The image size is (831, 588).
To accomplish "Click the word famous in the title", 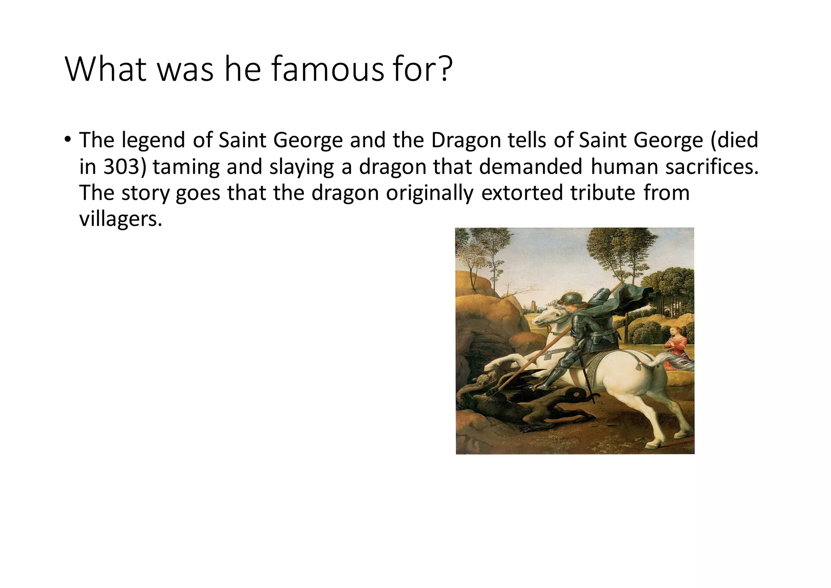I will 327,70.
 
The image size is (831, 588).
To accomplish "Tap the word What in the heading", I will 106,70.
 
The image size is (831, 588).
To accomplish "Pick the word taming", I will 186,167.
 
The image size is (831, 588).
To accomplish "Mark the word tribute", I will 603,193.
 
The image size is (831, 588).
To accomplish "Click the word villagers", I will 121,219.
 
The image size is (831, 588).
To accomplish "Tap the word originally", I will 430,193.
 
